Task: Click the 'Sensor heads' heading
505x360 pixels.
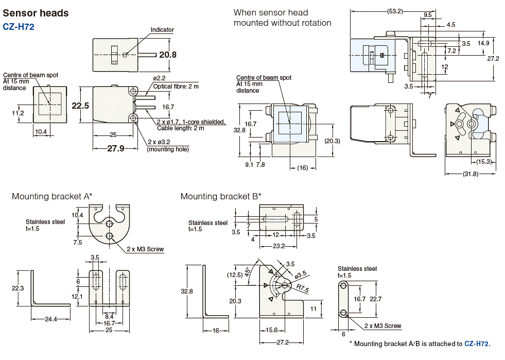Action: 36,13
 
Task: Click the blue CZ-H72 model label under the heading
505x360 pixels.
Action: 19,27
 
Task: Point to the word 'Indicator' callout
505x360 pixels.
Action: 162,30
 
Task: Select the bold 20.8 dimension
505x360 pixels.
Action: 168,55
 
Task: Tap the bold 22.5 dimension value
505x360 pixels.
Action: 80,105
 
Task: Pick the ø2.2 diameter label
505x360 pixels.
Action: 159,78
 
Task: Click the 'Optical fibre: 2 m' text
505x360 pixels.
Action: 176,86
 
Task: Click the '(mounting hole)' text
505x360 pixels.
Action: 168,149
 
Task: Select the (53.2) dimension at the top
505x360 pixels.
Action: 395,10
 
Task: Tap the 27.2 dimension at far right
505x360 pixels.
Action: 493,58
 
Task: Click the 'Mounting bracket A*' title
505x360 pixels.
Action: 52,196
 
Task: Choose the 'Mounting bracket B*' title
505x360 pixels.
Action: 221,196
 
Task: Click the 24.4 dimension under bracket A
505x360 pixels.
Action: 50,319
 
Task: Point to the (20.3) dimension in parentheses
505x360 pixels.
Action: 333,141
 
